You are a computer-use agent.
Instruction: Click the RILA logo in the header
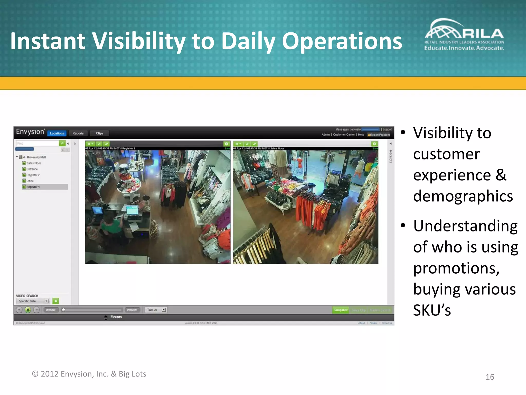pyautogui.click(x=464, y=34)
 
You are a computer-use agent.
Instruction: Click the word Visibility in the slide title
pyautogui.click(x=139, y=41)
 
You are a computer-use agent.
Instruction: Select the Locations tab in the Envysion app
pyautogui.click(x=57, y=133)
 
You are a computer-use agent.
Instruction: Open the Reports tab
pyautogui.click(x=78, y=133)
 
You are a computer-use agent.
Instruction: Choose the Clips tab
pyautogui.click(x=99, y=133)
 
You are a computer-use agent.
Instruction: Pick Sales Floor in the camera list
pyautogui.click(x=34, y=163)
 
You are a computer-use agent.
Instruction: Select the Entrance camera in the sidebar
pyautogui.click(x=32, y=169)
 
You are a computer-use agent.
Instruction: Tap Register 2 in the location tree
pyautogui.click(x=33, y=175)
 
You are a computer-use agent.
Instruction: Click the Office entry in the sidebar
pyautogui.click(x=30, y=181)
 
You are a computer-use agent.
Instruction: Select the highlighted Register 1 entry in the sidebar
pyautogui.click(x=33, y=187)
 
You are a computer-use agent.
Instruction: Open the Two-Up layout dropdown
pyautogui.click(x=156, y=310)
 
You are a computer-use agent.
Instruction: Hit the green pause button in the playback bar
pyautogui.click(x=28, y=310)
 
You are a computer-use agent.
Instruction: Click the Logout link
pyautogui.click(x=387, y=129)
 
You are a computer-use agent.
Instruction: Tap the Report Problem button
pyautogui.click(x=379, y=135)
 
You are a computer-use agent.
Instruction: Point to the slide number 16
pyautogui.click(x=490, y=377)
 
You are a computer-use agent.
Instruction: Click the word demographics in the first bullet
pyautogui.click(x=463, y=196)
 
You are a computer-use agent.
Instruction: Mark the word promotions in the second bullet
pyautogui.click(x=456, y=268)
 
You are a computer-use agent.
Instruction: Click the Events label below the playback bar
pyautogui.click(x=116, y=317)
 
